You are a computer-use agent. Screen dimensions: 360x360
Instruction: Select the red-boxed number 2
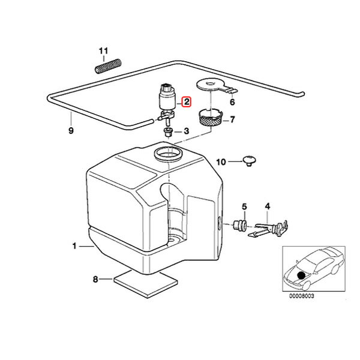pyautogui.click(x=186, y=103)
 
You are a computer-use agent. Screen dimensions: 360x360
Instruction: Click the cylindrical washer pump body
pyautogui.click(x=165, y=97)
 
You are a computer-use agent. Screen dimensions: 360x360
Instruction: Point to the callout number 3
pyautogui.click(x=186, y=131)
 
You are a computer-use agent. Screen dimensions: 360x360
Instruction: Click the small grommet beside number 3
pyautogui.click(x=168, y=131)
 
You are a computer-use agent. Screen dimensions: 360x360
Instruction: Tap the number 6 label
pyautogui.click(x=233, y=103)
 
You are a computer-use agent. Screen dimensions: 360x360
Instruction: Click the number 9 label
pyautogui.click(x=71, y=130)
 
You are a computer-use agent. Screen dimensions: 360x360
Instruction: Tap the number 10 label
pyautogui.click(x=220, y=162)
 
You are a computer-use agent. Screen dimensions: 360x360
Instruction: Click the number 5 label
pyautogui.click(x=244, y=207)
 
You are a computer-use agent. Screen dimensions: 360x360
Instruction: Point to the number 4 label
pyautogui.click(x=268, y=207)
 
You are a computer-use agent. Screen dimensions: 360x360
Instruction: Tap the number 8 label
pyautogui.click(x=95, y=278)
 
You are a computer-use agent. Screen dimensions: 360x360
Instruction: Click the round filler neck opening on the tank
pyautogui.click(x=167, y=155)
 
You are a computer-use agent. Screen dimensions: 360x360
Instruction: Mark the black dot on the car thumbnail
pyautogui.click(x=301, y=276)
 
